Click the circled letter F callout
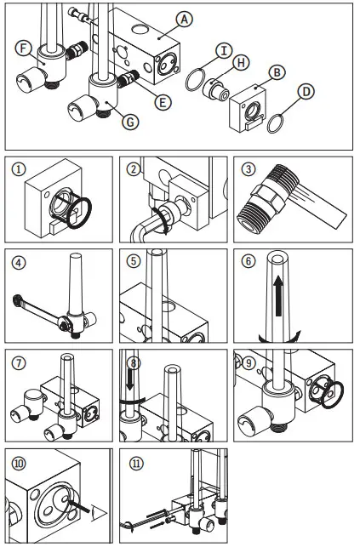pos(25,48)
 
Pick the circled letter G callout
pos(130,122)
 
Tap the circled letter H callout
pos(242,62)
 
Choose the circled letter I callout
pos(222,49)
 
